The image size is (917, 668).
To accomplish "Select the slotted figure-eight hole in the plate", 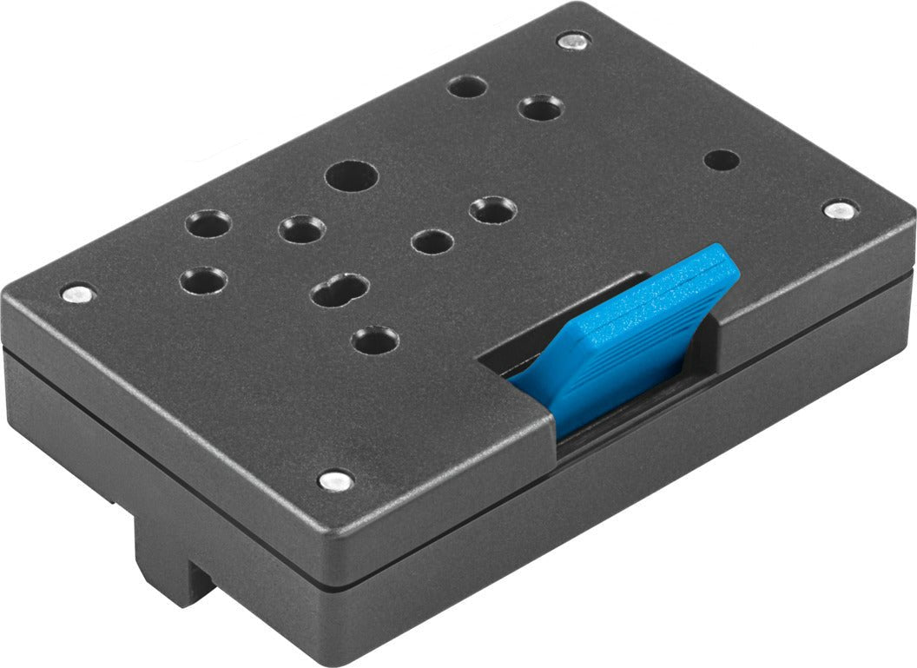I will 340,289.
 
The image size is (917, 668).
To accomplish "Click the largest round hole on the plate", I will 352,176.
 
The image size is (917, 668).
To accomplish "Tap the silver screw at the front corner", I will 335,480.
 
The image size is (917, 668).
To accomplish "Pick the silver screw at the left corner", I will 78,294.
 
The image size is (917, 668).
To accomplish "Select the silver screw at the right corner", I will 838,209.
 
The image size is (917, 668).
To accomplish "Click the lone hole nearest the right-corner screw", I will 722,161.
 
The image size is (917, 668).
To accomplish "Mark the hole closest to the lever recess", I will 376,340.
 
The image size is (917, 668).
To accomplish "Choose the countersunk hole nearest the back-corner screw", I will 541,109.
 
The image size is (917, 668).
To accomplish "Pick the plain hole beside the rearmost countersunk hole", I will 467,87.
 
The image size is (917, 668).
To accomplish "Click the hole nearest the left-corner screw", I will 203,281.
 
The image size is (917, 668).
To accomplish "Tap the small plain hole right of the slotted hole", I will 432,241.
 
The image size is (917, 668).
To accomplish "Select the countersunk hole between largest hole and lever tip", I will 492,209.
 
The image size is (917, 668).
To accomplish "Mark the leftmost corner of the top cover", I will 7,295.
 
